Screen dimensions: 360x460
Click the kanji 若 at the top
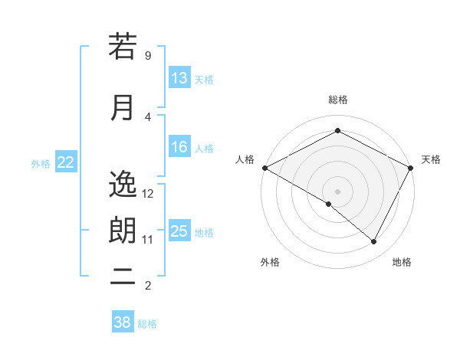pos(123,47)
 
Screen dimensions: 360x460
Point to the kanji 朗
pos(123,231)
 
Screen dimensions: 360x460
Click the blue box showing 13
pos(179,78)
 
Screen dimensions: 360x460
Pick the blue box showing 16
pos(179,148)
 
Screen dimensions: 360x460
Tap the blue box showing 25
pos(179,232)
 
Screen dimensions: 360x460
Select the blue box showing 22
pos(66,162)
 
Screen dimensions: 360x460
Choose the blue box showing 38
pos(123,322)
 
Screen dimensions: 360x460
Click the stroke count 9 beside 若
pos(147,55)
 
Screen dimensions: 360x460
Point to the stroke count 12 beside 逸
pos(148,193)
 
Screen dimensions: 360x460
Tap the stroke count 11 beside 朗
pos(148,240)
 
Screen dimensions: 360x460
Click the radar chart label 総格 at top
pos(337,100)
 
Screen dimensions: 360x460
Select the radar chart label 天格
pos(431,159)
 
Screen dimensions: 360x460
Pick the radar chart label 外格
pos(270,262)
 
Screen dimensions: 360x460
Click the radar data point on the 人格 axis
pos(264,168)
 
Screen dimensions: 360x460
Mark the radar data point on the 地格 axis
pos(374,242)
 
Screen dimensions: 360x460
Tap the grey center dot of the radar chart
pos(337,191)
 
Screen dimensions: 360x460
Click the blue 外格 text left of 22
pos(40,163)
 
